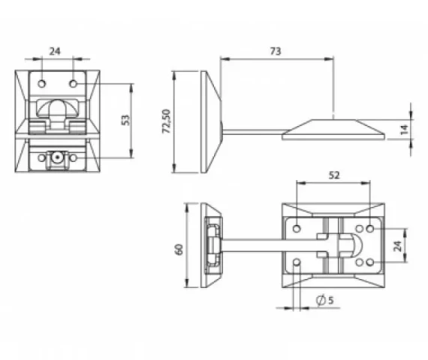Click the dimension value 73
click(276, 51)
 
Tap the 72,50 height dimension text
click(166, 121)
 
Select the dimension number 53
click(125, 120)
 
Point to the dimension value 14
click(404, 129)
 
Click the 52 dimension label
click(334, 175)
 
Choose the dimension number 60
click(179, 249)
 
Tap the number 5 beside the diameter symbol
click(330, 300)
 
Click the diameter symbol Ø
click(321, 300)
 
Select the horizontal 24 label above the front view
click(55, 51)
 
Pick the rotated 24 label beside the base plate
click(398, 246)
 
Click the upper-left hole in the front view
click(42, 84)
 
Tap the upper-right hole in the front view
click(73, 84)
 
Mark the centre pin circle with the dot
click(57, 157)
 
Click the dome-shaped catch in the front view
click(57, 108)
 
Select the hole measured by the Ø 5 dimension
click(297, 262)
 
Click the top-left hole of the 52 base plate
click(297, 229)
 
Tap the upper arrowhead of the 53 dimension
click(131, 88)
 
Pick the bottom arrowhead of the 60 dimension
click(187, 283)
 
